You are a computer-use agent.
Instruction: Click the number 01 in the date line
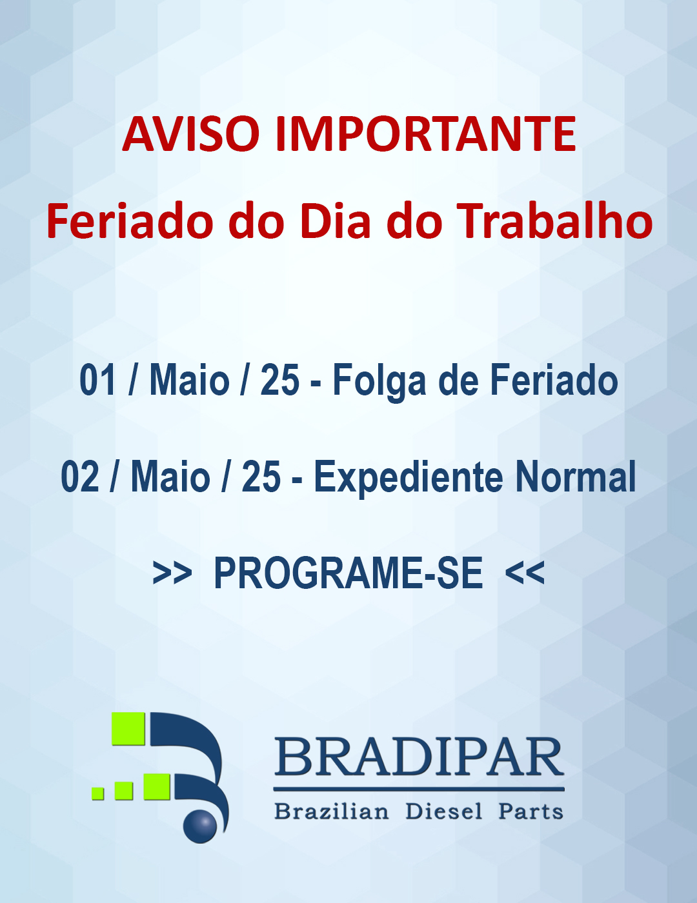(x=97, y=380)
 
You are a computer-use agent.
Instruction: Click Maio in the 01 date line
(x=190, y=379)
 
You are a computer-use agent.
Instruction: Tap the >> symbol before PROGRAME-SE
(x=172, y=573)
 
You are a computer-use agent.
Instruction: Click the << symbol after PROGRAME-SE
(x=525, y=573)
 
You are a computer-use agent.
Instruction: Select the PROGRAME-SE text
(x=348, y=573)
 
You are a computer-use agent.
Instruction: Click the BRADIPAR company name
(x=419, y=757)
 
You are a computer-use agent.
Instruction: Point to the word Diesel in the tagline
(x=444, y=811)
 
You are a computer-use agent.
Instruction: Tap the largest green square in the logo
(x=128, y=729)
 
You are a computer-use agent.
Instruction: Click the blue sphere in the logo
(x=200, y=826)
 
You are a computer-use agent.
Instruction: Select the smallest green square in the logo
(x=97, y=793)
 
